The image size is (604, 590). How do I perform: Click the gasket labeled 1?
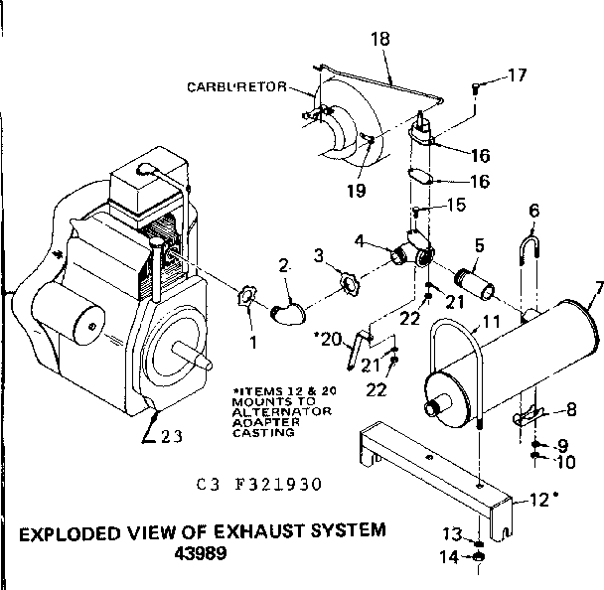point(247,297)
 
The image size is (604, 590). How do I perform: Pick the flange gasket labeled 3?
point(350,284)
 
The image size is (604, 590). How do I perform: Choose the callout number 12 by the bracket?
point(536,500)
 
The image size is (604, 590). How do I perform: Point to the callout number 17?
point(518,74)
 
